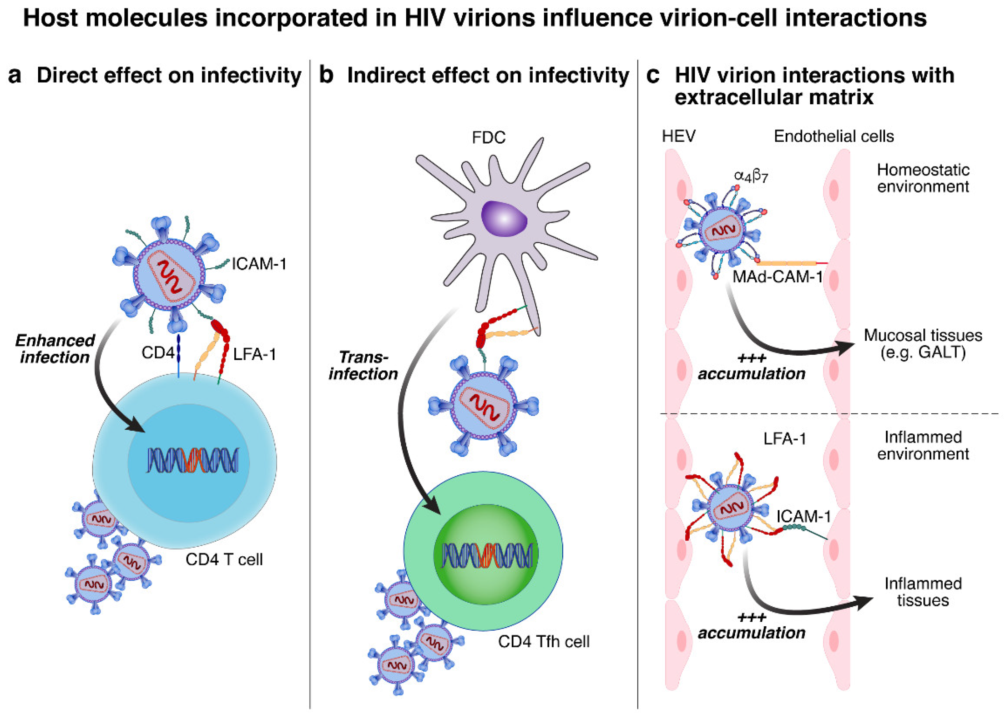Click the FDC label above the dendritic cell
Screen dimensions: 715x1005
pyautogui.click(x=488, y=138)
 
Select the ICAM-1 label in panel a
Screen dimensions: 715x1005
pyautogui.click(x=259, y=264)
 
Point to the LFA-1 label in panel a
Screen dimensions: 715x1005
pyautogui.click(x=254, y=354)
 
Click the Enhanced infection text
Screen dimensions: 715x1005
pyautogui.click(x=55, y=349)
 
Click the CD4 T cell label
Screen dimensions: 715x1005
pyautogui.click(x=224, y=560)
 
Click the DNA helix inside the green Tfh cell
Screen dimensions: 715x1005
pyautogui.click(x=486, y=555)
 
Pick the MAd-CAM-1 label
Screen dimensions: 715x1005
pyautogui.click(x=777, y=277)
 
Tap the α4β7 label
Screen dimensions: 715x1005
pyautogui.click(x=751, y=176)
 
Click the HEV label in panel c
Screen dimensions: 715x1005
pyautogui.click(x=679, y=137)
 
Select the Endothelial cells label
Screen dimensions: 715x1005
pyautogui.click(x=834, y=137)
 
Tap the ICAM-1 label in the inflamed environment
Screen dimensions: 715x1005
pyautogui.click(x=803, y=516)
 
